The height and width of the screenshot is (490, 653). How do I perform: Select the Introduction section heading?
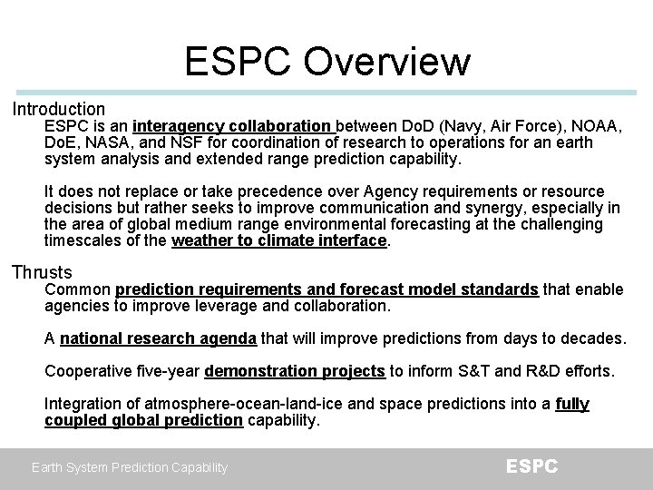[x=58, y=109]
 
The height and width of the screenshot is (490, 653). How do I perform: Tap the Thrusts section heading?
[x=42, y=272]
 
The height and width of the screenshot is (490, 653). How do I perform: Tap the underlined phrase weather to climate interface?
[x=279, y=241]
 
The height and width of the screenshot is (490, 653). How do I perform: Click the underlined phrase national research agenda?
[x=160, y=339]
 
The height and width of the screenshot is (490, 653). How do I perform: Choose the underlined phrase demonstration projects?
[x=297, y=371]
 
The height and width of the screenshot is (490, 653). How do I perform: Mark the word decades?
[x=595, y=339]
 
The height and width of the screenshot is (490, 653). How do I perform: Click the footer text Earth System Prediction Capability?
[x=129, y=467]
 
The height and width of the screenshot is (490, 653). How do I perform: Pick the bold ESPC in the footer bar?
[x=532, y=466]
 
